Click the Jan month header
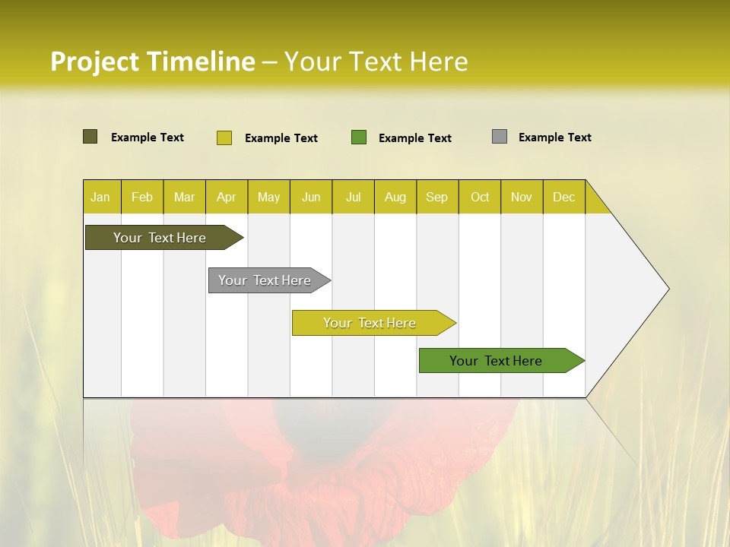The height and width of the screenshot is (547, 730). click(x=101, y=197)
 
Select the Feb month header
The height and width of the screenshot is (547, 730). click(x=142, y=197)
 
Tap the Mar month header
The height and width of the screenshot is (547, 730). click(x=184, y=197)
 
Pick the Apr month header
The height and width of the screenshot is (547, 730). click(x=227, y=197)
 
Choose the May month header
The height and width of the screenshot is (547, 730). click(x=268, y=197)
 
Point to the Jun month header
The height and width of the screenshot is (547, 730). click(x=311, y=197)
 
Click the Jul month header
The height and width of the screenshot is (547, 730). click(x=353, y=197)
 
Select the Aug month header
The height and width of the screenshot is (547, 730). click(x=395, y=197)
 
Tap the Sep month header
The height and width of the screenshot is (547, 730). click(x=437, y=197)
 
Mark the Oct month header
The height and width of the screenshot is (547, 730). click(x=480, y=197)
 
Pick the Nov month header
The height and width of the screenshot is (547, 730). click(x=522, y=197)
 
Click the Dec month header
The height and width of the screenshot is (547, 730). click(x=564, y=197)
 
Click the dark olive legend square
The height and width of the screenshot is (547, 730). click(x=90, y=137)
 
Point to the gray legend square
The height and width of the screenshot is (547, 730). click(x=500, y=137)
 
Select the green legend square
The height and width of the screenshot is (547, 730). click(x=359, y=138)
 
